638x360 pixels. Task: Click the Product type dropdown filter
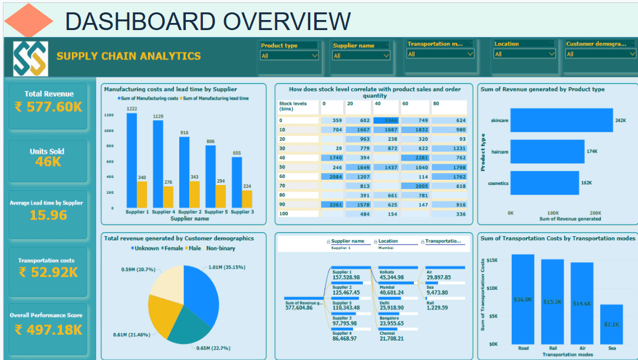pyautogui.click(x=289, y=55)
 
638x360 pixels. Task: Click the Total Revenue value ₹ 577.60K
pyautogui.click(x=49, y=107)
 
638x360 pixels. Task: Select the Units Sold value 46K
pyautogui.click(x=48, y=161)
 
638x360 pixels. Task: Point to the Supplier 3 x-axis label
pyautogui.click(x=242, y=212)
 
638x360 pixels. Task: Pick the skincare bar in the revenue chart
pyautogui.click(x=561, y=121)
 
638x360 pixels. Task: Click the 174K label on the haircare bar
pyautogui.click(x=591, y=151)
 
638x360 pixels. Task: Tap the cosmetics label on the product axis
pyautogui.click(x=498, y=183)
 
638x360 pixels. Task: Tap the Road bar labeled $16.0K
pyautogui.click(x=522, y=299)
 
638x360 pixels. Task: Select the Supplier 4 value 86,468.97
pyautogui.click(x=346, y=338)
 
